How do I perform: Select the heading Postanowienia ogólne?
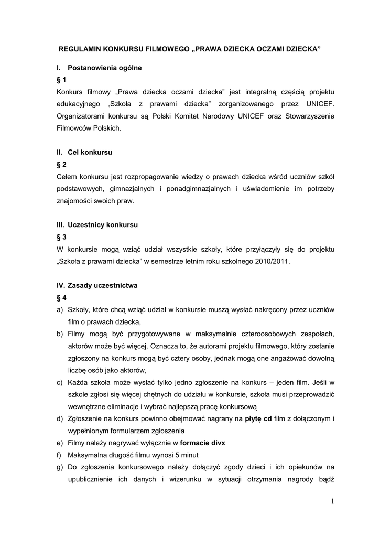click(104, 68)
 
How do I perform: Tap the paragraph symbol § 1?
click(61, 80)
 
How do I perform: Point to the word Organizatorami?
click(81, 115)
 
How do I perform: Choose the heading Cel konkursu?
click(90, 152)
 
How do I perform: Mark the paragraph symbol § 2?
click(61, 164)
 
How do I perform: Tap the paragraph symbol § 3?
click(61, 237)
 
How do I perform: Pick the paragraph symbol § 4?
click(61, 297)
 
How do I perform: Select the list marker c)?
click(60, 382)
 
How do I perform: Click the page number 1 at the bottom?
click(332, 501)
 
